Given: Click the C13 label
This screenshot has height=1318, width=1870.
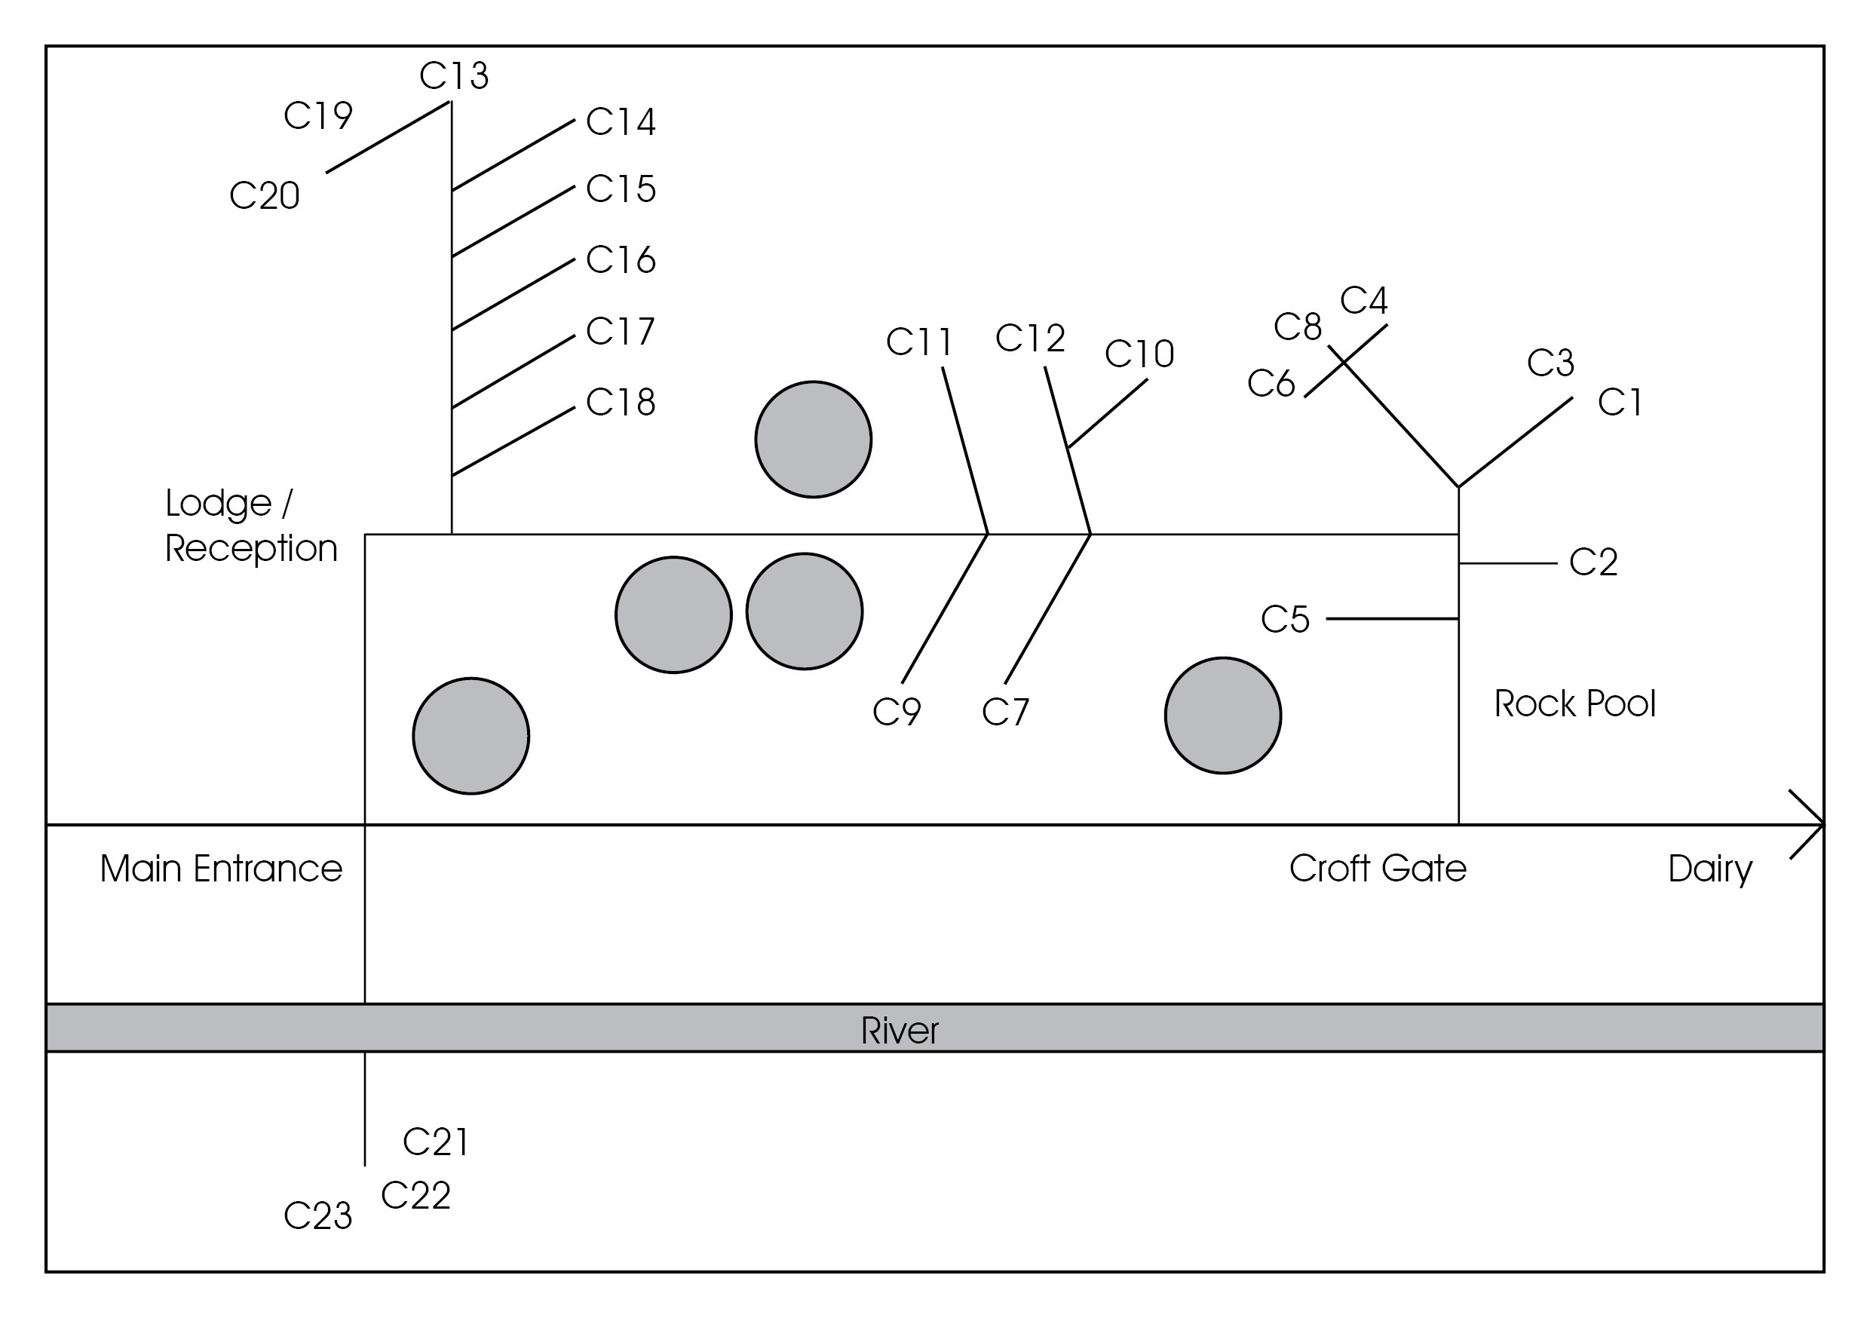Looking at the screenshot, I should [454, 75].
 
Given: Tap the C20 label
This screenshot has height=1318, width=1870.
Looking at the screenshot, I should [265, 195].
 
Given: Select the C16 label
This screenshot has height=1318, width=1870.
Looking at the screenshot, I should [621, 260].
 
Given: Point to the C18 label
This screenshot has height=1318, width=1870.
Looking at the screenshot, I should [621, 403].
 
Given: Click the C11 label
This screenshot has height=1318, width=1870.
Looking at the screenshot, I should [918, 342].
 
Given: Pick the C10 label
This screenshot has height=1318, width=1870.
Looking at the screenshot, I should [1139, 354].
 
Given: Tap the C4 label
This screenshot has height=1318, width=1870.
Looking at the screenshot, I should [1363, 301].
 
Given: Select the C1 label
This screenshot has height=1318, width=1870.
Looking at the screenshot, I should [1620, 403].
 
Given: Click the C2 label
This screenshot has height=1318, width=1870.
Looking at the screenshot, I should [1593, 562].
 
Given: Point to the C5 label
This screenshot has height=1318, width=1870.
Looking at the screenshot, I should [1285, 619].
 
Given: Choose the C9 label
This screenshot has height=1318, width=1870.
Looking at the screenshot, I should [897, 712].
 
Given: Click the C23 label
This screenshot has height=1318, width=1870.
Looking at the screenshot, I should [317, 1216].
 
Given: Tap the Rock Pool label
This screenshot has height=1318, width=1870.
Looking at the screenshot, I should [1574, 703].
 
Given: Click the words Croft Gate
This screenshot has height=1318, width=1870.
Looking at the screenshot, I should [1378, 869].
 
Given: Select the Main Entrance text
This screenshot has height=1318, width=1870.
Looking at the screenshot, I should [221, 869].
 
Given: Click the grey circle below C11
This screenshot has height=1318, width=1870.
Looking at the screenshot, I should [813, 439].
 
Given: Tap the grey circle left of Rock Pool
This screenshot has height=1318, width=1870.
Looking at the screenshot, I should [1222, 716].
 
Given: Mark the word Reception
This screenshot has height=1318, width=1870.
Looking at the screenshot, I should [251, 548].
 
